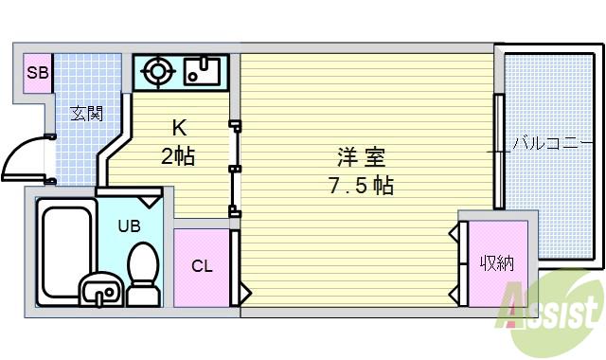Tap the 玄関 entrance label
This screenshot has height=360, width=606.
(86, 114)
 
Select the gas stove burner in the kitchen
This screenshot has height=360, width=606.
(156, 71)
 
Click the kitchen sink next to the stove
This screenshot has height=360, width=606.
(202, 72)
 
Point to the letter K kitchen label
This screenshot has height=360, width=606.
(177, 128)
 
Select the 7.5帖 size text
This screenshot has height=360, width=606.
(361, 185)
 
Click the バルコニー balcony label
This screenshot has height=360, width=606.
(551, 145)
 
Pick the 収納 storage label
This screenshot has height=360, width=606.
(495, 262)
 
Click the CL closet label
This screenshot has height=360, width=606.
(202, 265)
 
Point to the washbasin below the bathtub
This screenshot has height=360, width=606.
(98, 291)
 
